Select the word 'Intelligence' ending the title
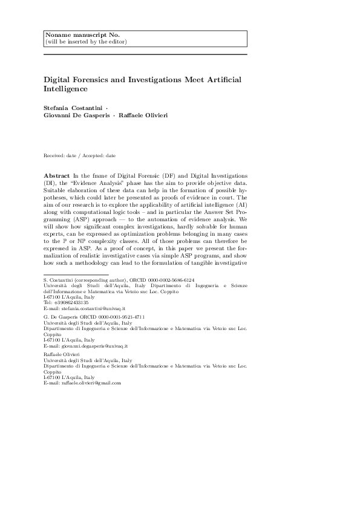click(x=65, y=89)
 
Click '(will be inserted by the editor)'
click(x=87, y=42)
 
